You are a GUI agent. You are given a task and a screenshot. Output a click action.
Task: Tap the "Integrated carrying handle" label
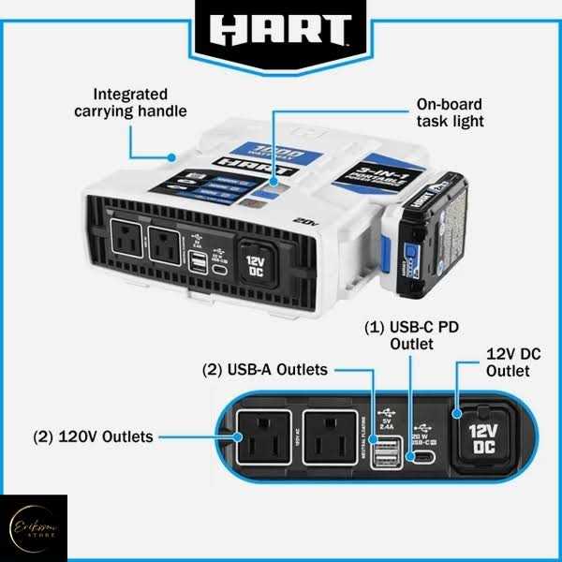pos(131,103)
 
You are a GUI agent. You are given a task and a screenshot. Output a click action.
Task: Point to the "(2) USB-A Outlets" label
pos(265,370)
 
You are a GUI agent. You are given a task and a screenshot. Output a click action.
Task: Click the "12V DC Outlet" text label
pos(508,363)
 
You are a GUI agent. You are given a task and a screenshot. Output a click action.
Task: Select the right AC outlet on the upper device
pos(165,248)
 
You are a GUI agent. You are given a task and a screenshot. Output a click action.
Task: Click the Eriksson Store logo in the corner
pos(34,528)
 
